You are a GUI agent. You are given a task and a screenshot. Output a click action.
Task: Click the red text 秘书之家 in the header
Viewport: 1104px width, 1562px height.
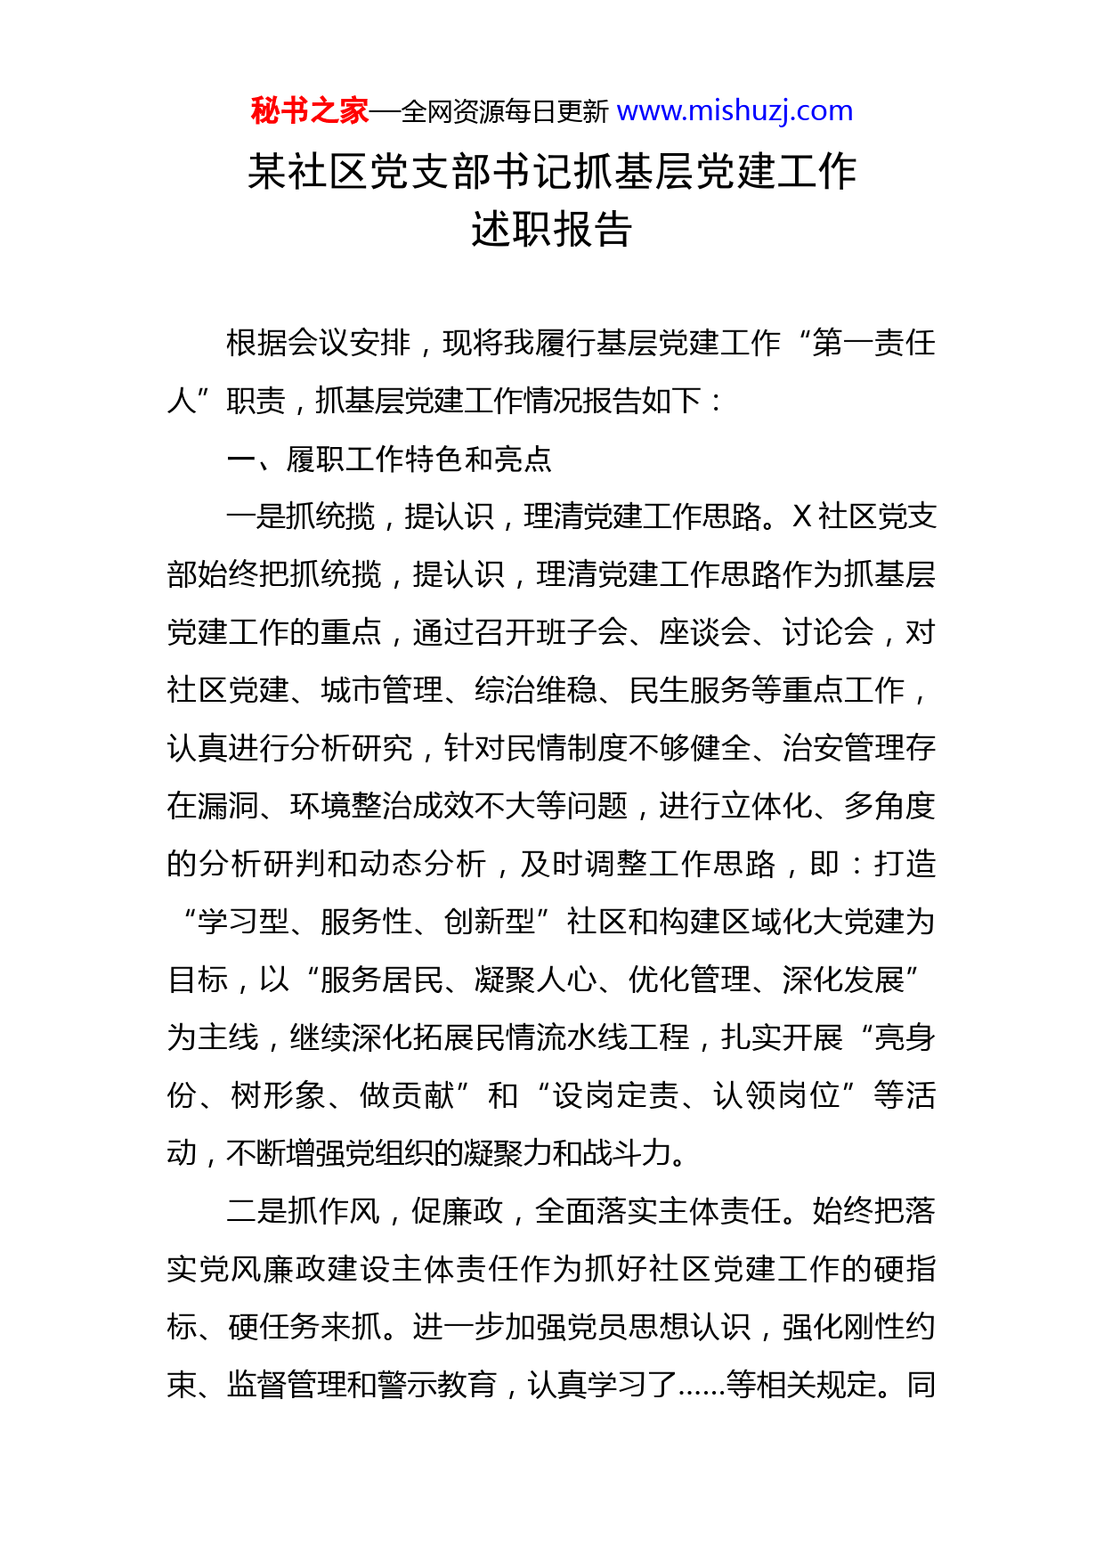[x=309, y=111]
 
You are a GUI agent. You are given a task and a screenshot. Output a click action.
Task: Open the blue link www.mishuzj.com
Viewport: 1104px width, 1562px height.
[x=735, y=111]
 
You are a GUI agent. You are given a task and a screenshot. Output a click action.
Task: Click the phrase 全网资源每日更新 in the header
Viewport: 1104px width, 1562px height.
[x=505, y=112]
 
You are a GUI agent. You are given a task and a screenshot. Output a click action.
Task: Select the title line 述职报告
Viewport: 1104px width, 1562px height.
[x=551, y=230]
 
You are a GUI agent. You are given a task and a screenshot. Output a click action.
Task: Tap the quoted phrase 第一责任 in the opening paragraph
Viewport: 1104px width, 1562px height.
[x=873, y=343]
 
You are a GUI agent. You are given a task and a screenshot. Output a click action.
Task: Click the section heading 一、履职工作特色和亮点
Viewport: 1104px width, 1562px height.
[x=389, y=459]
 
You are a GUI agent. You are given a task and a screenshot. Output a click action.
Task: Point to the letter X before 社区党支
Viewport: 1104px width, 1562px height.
[x=801, y=517]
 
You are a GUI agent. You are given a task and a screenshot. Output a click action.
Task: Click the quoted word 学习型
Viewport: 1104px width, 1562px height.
[x=243, y=922]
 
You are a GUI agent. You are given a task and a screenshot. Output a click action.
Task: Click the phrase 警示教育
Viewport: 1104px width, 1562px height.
[x=443, y=1385]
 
